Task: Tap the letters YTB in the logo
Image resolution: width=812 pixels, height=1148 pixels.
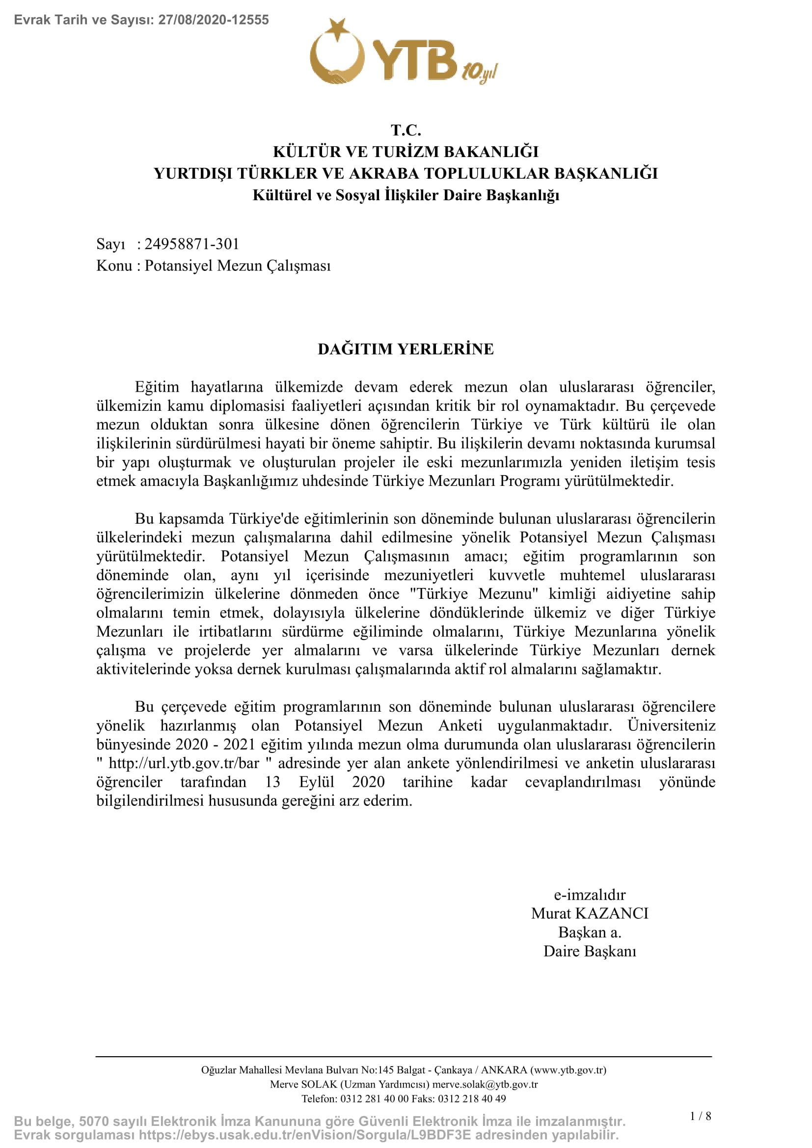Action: click(x=414, y=60)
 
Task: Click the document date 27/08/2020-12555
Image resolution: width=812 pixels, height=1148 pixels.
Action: click(x=214, y=20)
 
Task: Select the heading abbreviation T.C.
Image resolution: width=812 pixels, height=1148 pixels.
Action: click(x=406, y=130)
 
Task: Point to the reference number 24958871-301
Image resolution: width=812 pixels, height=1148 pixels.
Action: click(x=191, y=244)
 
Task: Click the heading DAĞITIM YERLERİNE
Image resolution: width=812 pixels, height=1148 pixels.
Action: click(x=406, y=349)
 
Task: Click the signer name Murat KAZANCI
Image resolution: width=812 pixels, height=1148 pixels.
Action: click(x=590, y=913)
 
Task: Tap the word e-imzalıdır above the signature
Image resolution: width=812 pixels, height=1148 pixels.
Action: click(x=590, y=895)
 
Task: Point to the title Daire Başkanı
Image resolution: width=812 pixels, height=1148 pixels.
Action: click(x=590, y=951)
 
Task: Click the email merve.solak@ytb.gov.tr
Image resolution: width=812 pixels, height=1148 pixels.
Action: click(x=485, y=1084)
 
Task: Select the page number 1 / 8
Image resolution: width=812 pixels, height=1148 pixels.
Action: click(x=701, y=1116)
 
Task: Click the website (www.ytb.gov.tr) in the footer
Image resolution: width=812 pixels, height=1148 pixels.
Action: click(x=568, y=1070)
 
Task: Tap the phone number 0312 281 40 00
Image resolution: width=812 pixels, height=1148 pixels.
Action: click(x=375, y=1098)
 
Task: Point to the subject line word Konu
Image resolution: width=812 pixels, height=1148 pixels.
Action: click(x=114, y=266)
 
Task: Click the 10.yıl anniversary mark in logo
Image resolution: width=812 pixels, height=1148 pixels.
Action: click(x=480, y=73)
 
